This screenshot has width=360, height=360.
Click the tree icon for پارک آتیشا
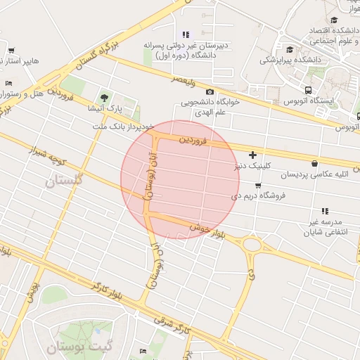(105, 97)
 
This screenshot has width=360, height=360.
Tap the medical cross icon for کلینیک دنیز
(252, 155)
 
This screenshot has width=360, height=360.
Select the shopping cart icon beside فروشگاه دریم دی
(258, 186)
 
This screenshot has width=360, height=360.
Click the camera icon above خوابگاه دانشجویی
(210, 92)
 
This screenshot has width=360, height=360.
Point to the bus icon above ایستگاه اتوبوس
(308, 90)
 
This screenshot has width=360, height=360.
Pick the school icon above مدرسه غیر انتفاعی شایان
(324, 210)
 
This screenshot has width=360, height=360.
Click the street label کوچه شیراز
(48, 156)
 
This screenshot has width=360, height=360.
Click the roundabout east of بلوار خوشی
(252, 245)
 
